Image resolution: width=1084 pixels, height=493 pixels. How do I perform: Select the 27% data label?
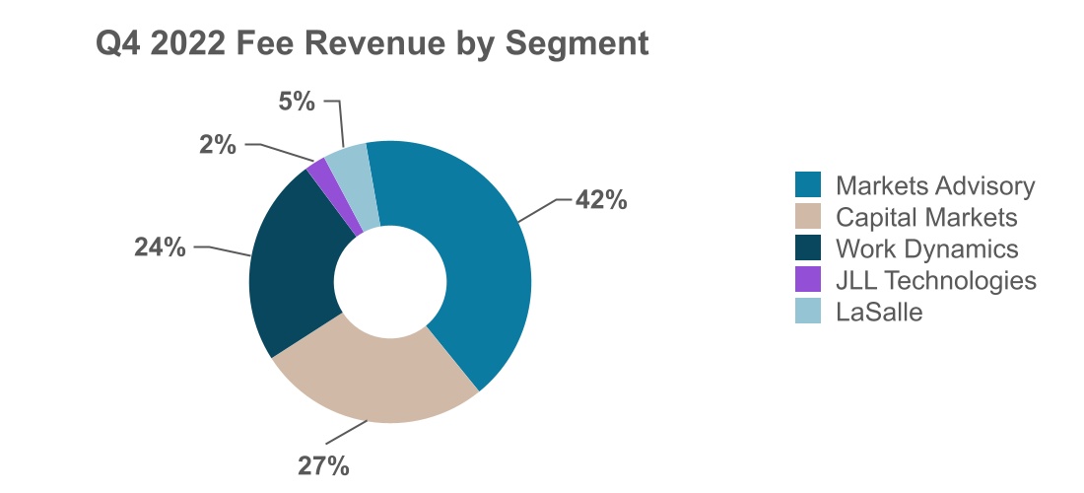point(324,466)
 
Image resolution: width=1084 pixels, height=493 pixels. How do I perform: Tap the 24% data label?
point(160,246)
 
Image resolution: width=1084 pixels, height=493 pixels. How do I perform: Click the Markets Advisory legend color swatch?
point(808,184)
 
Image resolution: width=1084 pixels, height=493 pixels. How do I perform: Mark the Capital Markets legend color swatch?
point(808,216)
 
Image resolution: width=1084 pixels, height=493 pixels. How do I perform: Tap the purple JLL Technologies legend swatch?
point(808,280)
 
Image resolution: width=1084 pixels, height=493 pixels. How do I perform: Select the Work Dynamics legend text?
point(926,247)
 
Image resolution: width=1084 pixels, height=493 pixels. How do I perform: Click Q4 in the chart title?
point(115,44)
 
